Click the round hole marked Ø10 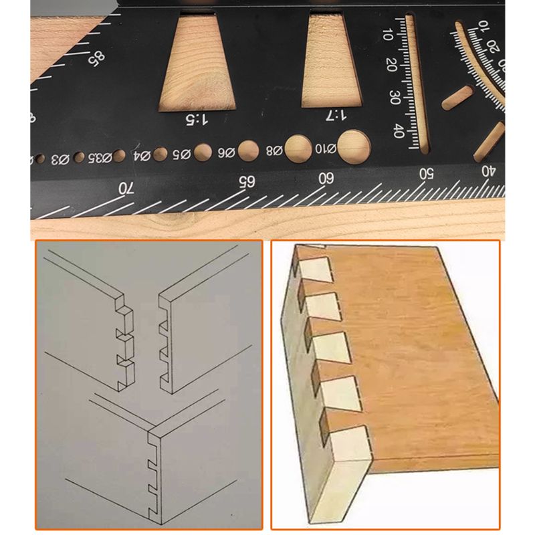354,144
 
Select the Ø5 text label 182,155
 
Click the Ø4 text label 141,157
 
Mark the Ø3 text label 60,159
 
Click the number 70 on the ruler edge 125,189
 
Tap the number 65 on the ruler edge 247,181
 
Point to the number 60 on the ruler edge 326,178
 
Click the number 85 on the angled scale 98,59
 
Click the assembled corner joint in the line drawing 154,461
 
